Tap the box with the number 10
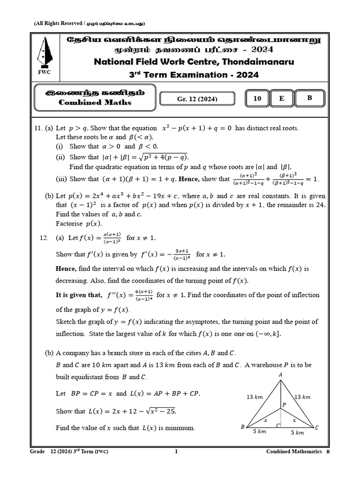[257, 98]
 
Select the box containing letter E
[281, 98]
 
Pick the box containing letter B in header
[309, 98]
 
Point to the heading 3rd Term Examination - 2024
[194, 75]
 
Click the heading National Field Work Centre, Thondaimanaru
[195, 62]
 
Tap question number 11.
[38, 128]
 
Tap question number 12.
[44, 238]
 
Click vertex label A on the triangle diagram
[280, 375]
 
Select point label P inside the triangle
[284, 404]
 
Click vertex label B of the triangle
[243, 427]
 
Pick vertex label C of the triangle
[317, 427]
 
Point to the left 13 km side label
[255, 397]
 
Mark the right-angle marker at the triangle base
[279, 426]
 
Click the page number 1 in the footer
[176, 451]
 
